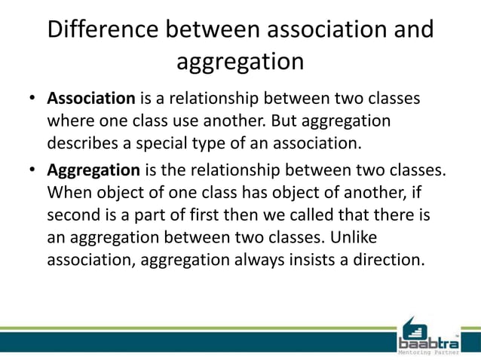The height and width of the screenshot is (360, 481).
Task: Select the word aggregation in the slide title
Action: [x=240, y=61]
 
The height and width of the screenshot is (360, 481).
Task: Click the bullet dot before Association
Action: [x=33, y=100]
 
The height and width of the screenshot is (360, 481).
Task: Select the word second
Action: [x=76, y=215]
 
